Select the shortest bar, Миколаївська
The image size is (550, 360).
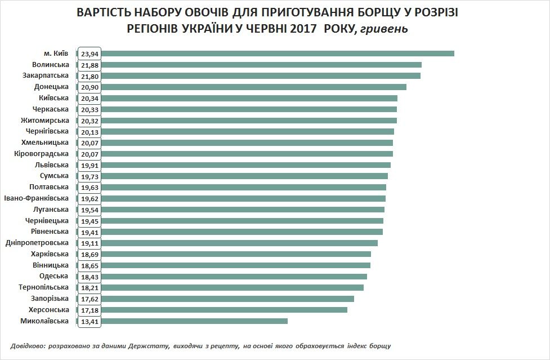[194, 321]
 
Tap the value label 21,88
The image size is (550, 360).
[90, 65]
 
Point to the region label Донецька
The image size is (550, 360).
[52, 87]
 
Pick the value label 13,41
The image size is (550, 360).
[90, 321]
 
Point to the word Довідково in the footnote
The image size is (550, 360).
[28, 345]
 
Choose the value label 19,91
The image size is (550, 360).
[90, 165]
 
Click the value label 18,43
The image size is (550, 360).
[90, 277]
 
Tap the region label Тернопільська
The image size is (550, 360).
[43, 287]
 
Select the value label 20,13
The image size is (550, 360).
[90, 132]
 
